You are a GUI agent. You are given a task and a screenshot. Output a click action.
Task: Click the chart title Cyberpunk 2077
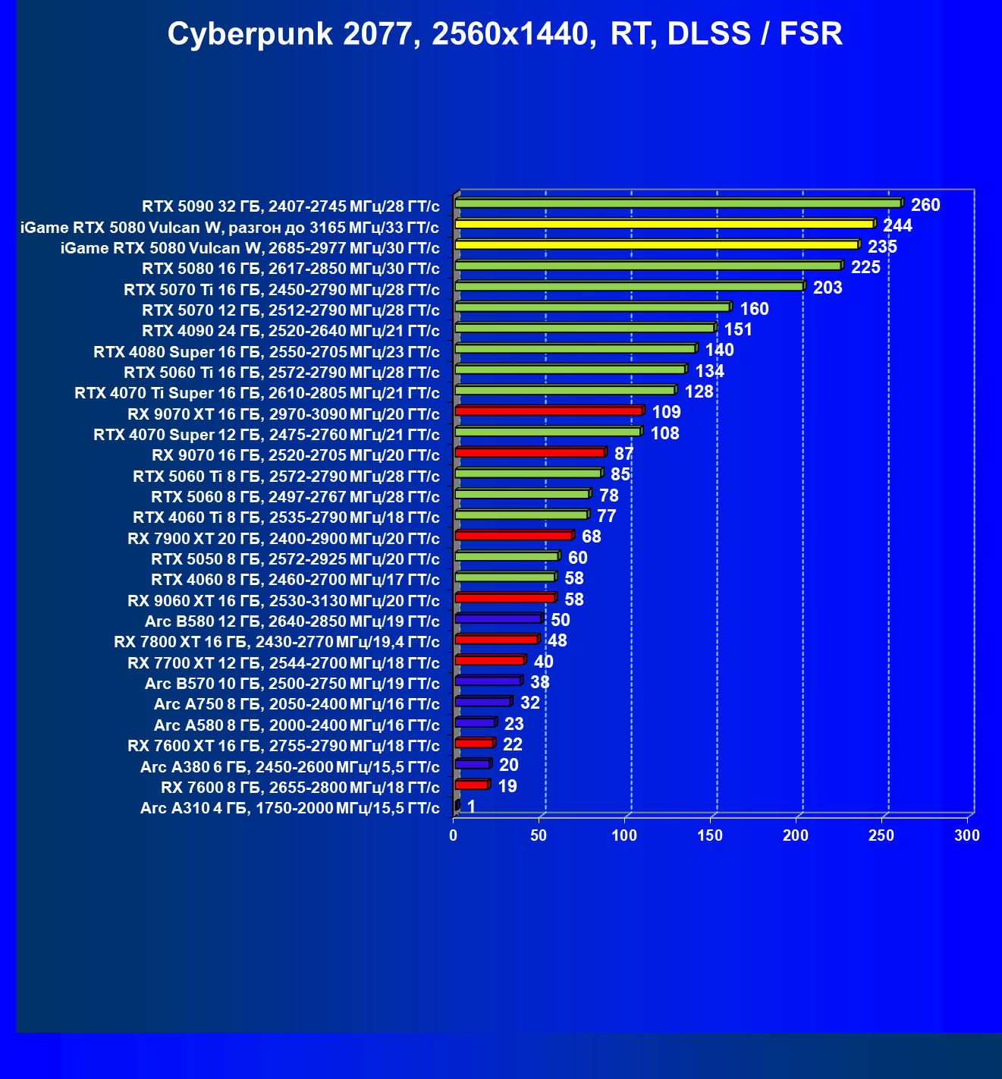point(504,34)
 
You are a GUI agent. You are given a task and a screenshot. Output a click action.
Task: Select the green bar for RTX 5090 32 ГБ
point(677,203)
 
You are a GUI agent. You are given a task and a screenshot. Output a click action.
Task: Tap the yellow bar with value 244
point(664,224)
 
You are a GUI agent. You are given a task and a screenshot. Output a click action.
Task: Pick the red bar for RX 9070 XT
point(548,411)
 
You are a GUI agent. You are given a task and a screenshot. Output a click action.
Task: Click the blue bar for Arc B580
point(498,618)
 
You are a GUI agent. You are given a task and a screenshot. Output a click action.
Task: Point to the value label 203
point(828,288)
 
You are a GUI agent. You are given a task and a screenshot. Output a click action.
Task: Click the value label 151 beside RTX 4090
point(738,329)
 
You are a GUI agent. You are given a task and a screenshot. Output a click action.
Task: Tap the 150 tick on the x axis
point(710,835)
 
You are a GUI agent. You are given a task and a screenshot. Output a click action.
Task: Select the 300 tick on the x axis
point(967,835)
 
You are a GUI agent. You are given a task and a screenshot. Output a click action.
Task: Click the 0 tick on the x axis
point(454,835)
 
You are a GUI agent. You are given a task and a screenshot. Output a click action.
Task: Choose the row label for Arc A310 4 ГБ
point(290,808)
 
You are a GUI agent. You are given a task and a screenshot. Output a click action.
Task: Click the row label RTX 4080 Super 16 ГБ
point(266,352)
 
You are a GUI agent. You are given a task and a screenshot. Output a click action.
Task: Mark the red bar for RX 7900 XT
point(514,535)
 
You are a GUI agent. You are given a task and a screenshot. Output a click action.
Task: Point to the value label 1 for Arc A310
point(471,807)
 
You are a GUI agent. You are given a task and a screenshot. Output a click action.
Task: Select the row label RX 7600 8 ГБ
point(300,787)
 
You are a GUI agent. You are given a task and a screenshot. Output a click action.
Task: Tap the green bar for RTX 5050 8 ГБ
point(506,556)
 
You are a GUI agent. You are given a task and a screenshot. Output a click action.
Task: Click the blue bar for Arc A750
point(482,701)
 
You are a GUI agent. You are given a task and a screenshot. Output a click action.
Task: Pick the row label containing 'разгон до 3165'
point(229,228)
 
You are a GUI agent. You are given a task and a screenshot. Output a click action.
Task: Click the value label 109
point(666,412)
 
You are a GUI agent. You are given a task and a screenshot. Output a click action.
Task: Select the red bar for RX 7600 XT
point(474,743)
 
